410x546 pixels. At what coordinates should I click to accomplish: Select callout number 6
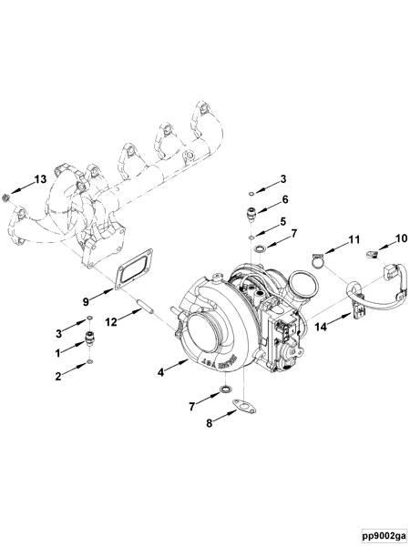pyautogui.click(x=284, y=199)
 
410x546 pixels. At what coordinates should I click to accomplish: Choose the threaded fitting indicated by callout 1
pyautogui.click(x=90, y=339)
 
